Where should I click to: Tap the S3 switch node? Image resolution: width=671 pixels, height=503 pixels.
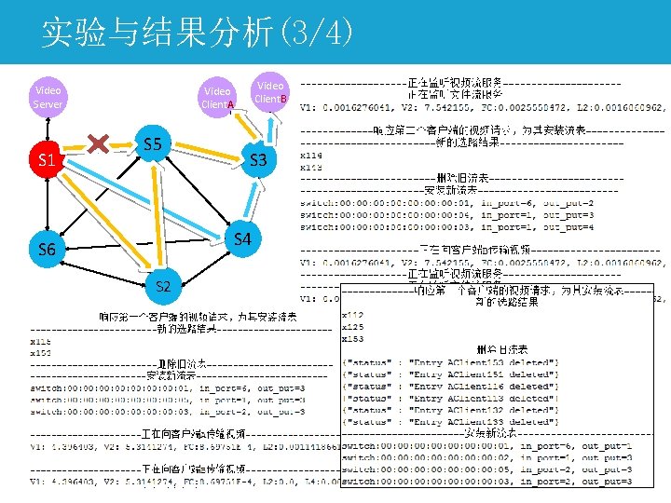(258, 160)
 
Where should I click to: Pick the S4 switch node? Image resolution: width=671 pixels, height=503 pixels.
(242, 239)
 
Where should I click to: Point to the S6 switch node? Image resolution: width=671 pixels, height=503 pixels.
(47, 250)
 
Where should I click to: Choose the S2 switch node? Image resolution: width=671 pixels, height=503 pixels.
(163, 285)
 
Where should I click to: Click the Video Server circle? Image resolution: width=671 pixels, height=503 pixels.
(48, 97)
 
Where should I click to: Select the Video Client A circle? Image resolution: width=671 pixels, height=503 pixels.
(217, 97)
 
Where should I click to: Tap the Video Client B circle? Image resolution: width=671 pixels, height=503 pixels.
(271, 91)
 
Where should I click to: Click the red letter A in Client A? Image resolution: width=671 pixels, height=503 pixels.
(230, 104)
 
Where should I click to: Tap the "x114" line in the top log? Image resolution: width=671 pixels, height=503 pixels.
(311, 155)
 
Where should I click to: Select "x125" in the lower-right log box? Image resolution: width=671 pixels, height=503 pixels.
(354, 326)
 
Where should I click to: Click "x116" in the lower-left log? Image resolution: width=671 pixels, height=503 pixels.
(41, 341)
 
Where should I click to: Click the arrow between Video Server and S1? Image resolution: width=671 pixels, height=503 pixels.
(48, 127)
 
